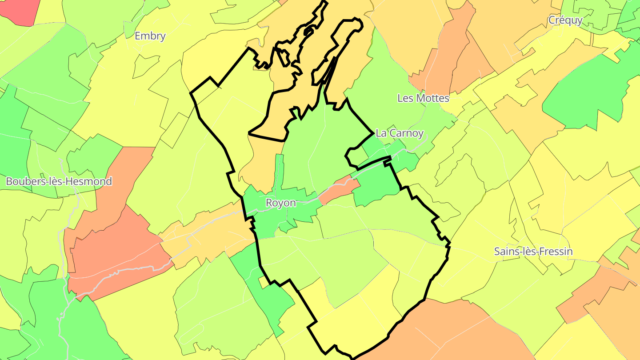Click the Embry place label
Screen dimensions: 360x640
[150, 36]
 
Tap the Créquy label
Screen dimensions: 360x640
[565, 20]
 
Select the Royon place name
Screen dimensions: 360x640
[280, 203]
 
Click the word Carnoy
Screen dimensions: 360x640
[406, 133]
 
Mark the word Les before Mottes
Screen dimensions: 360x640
[404, 98]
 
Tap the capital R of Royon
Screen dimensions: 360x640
[269, 203]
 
